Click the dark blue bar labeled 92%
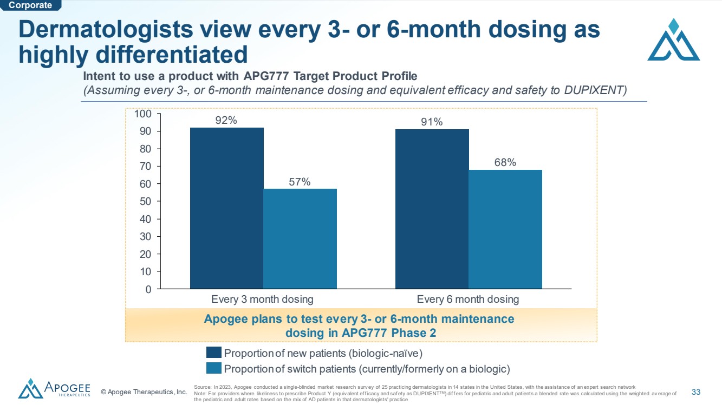tap(226, 208)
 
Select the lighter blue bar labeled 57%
tap(300, 238)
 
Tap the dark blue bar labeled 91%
tap(432, 209)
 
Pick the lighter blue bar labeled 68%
tap(505, 229)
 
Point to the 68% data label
tap(505, 162)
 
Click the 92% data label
tap(226, 120)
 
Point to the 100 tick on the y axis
tap(143, 114)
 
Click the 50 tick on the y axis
tap(145, 201)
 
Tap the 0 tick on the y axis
tap(148, 289)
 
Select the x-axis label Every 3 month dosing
tap(262, 300)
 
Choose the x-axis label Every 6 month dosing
tap(467, 300)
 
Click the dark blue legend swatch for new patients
tap(214, 352)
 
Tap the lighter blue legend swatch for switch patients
tap(214, 368)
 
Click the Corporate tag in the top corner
tap(30, 5)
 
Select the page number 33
tap(696, 392)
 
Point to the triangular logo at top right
tap(674, 39)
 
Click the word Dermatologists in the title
tap(106, 30)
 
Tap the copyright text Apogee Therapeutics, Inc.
tap(144, 392)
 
